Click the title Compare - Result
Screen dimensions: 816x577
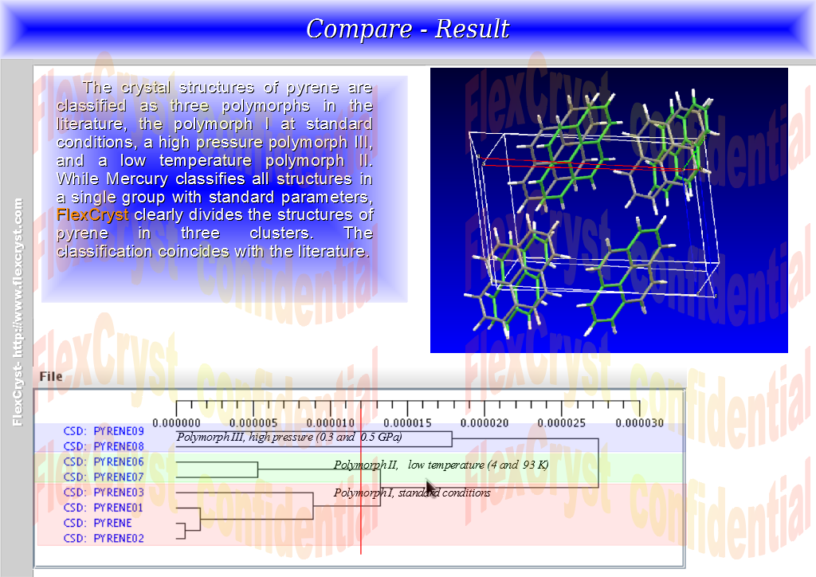407,29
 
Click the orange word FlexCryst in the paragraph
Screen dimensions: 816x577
92,215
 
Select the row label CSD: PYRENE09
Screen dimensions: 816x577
104,431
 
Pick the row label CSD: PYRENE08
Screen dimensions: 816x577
104,446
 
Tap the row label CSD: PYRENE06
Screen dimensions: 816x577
104,461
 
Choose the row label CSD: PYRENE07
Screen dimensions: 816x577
104,477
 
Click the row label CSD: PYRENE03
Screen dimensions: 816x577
104,492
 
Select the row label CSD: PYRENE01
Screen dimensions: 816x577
104,508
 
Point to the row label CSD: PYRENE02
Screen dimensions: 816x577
104,538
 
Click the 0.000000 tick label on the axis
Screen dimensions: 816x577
176,423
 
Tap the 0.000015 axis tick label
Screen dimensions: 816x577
407,423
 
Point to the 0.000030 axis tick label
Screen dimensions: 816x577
640,423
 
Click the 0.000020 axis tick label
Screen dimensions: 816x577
484,423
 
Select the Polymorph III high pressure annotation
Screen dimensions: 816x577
289,437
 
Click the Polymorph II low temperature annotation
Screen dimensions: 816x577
441,465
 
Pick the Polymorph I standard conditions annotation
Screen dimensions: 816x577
412,493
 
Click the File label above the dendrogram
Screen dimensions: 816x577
51,376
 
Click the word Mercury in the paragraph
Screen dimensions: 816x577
137,179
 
